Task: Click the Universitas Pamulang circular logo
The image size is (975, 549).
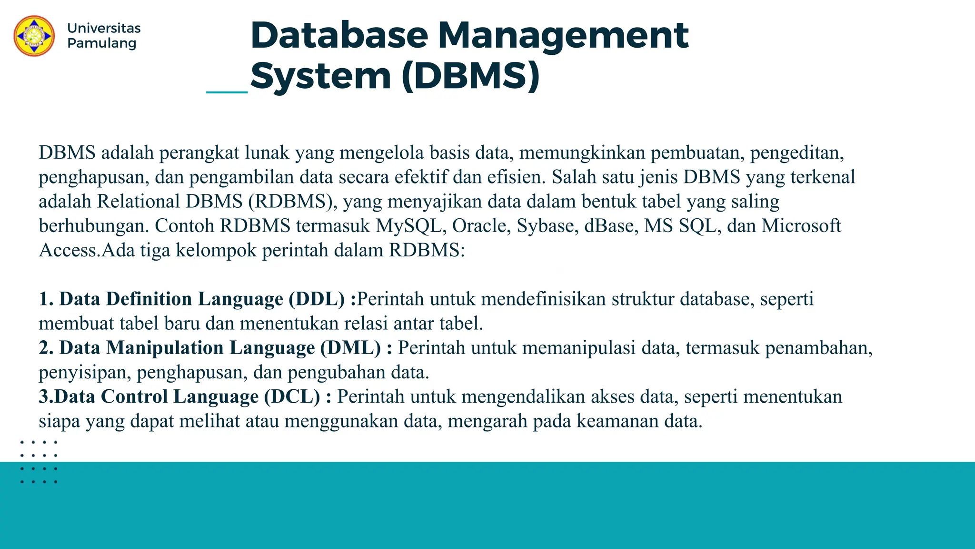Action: pos(34,36)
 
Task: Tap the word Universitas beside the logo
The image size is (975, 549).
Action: pos(104,28)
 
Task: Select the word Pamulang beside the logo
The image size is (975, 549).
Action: pos(102,43)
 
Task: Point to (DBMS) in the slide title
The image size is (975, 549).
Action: pos(471,76)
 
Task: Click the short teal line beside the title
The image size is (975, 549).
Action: pos(227,92)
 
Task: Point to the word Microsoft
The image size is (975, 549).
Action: pos(801,226)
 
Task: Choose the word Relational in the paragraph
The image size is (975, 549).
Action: pos(139,202)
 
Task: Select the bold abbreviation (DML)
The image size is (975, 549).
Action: pos(350,348)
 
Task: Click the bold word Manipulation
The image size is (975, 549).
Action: pos(164,348)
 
